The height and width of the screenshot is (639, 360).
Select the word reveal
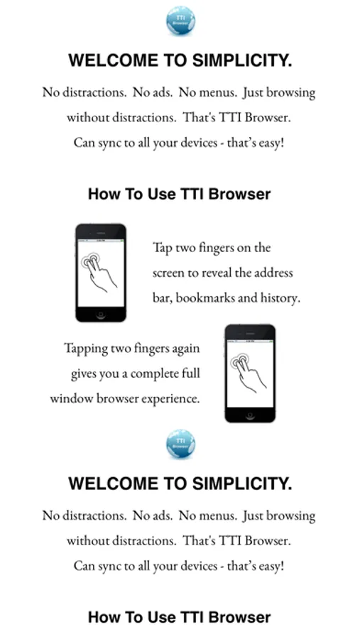click(x=217, y=273)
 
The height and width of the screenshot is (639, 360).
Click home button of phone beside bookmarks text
click(x=101, y=315)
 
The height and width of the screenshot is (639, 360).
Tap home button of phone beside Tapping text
click(x=250, y=415)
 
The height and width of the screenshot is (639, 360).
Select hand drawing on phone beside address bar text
click(x=99, y=271)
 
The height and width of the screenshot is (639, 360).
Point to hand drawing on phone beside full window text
click(x=249, y=372)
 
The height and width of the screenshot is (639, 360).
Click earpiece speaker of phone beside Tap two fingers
click(x=101, y=233)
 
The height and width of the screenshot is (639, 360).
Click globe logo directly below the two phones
click(x=180, y=444)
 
